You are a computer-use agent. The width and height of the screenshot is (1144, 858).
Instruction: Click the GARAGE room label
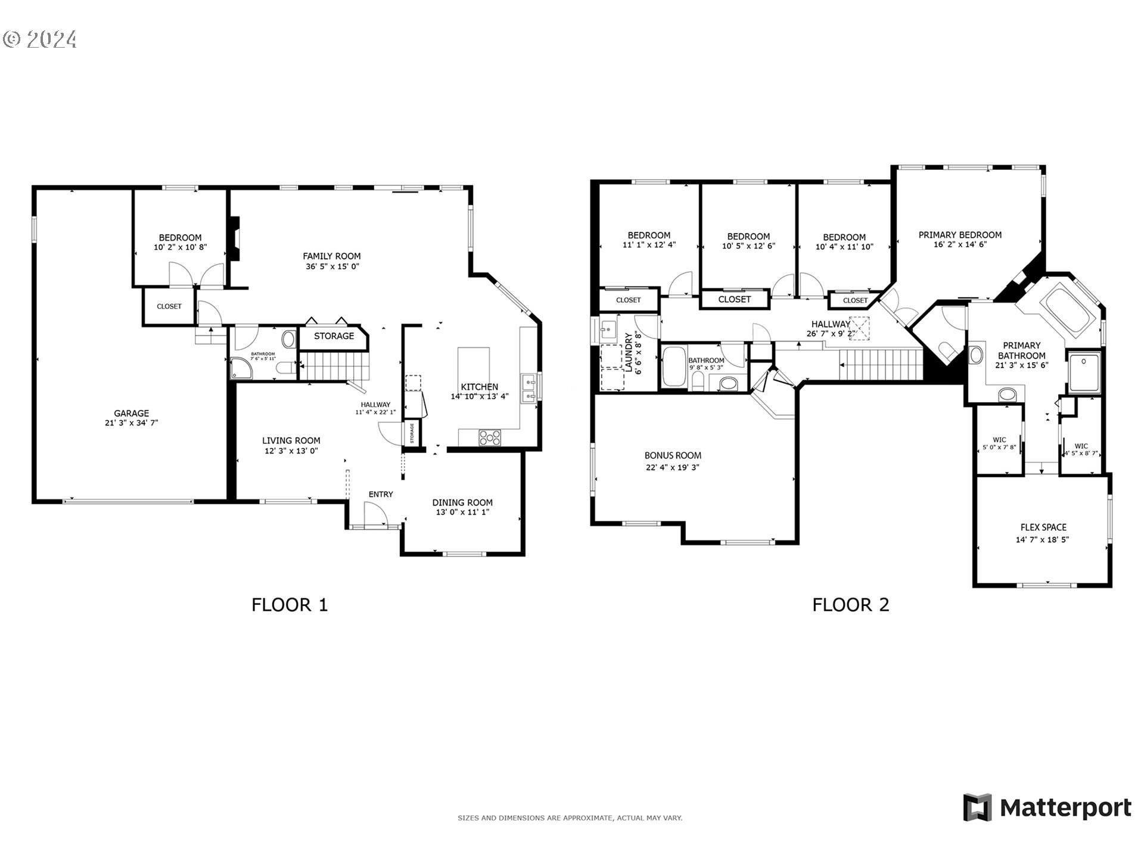pyautogui.click(x=131, y=413)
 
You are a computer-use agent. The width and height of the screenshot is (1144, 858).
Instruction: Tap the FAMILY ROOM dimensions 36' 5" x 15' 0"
pyautogui.click(x=332, y=267)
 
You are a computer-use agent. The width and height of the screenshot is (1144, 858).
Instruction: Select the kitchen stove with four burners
pyautogui.click(x=490, y=437)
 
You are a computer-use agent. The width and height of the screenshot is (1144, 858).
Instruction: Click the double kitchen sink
pyautogui.click(x=529, y=388)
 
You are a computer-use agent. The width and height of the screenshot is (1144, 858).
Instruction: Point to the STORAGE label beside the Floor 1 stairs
pyautogui.click(x=334, y=336)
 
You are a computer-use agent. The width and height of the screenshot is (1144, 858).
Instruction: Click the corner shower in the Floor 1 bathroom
pyautogui.click(x=241, y=369)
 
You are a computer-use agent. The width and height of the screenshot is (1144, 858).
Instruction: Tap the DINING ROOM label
pyautogui.click(x=462, y=502)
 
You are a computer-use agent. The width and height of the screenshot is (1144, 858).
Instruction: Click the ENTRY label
pyautogui.click(x=381, y=494)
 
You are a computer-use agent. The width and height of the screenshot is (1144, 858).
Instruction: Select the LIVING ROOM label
pyautogui.click(x=291, y=440)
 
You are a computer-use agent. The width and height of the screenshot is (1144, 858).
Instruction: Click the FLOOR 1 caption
pyautogui.click(x=290, y=605)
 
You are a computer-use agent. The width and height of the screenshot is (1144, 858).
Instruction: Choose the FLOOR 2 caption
pyautogui.click(x=850, y=605)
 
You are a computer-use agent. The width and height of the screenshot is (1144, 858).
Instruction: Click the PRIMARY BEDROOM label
pyautogui.click(x=959, y=235)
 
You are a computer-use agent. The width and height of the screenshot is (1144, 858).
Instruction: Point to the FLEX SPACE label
pyautogui.click(x=1043, y=527)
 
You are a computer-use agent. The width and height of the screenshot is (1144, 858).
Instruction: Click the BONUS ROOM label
pyautogui.click(x=673, y=455)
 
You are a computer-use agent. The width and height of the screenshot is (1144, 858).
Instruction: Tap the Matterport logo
pyautogui.click(x=1047, y=808)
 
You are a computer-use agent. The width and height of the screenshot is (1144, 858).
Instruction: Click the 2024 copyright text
pyautogui.click(x=40, y=39)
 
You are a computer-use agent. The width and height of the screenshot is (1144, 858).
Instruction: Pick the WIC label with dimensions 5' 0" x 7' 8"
pyautogui.click(x=999, y=440)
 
